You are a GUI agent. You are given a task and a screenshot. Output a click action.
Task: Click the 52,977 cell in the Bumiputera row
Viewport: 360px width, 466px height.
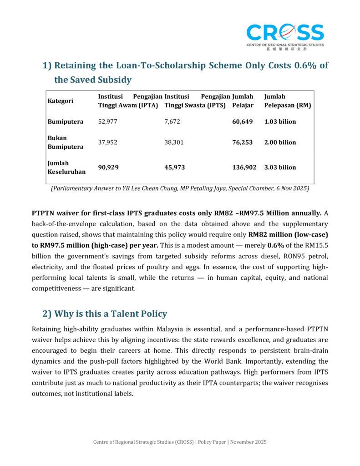click(x=108, y=122)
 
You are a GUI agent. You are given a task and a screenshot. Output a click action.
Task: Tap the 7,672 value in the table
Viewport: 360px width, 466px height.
click(x=172, y=122)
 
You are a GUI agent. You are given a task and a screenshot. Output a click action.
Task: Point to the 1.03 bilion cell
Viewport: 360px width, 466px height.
click(x=280, y=122)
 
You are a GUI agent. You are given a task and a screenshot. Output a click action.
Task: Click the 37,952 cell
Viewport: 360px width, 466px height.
click(x=108, y=142)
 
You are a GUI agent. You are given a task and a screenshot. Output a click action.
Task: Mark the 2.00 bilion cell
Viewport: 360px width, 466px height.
click(x=280, y=142)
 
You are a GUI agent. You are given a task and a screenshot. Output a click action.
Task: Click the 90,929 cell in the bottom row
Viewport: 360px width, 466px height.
click(x=108, y=167)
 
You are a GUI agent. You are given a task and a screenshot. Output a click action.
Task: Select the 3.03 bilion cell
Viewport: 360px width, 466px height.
click(x=280, y=167)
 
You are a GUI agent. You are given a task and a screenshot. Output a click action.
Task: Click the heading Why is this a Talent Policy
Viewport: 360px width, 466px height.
click(x=105, y=314)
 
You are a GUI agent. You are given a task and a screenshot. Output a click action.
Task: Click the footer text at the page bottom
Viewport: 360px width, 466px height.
click(x=180, y=442)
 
